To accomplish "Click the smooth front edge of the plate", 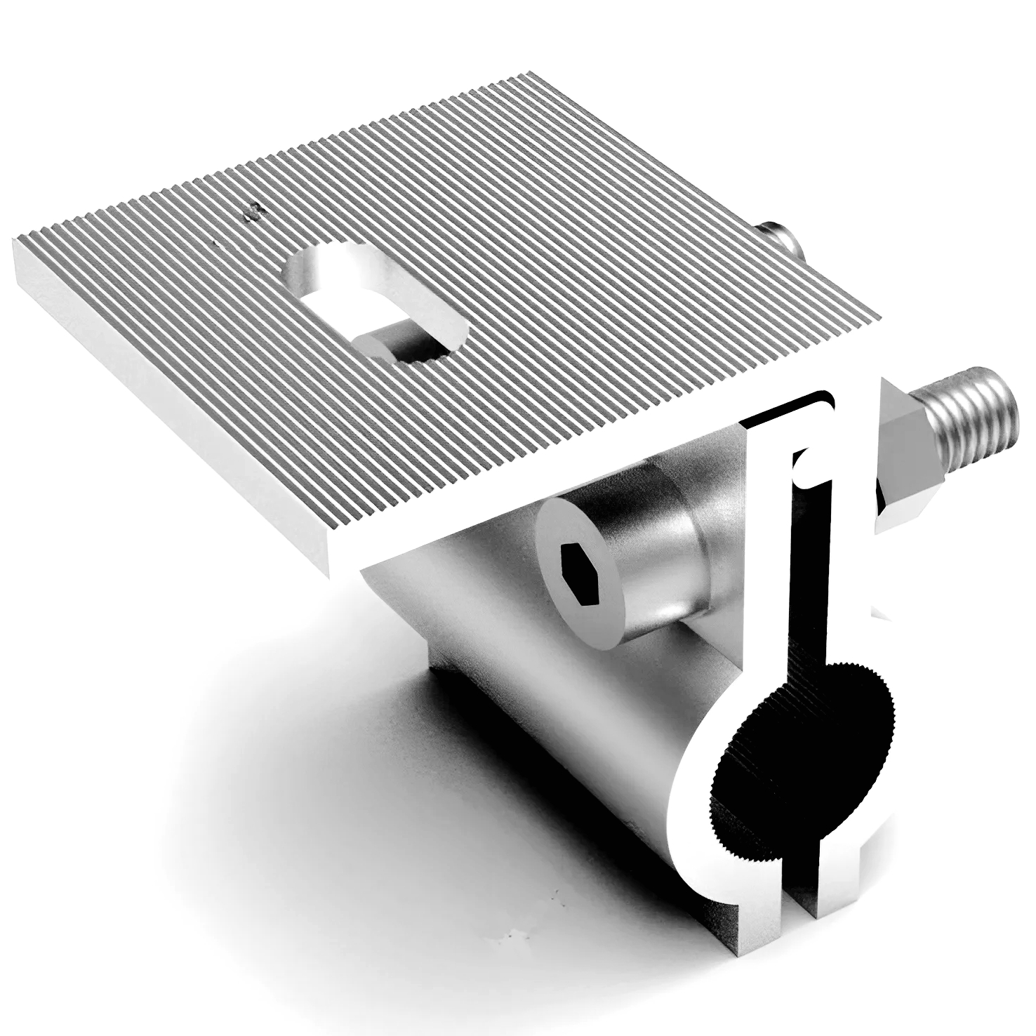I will pos(168,407).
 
